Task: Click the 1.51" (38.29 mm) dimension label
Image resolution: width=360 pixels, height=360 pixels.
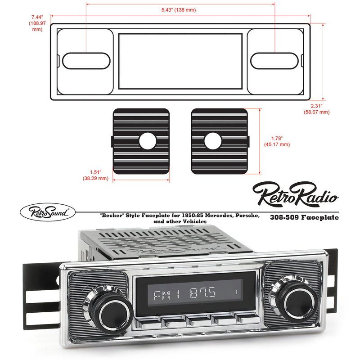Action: [x=95, y=175]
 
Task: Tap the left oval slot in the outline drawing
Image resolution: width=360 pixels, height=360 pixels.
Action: [x=85, y=61]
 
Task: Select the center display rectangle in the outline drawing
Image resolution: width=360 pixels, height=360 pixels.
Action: [x=180, y=60]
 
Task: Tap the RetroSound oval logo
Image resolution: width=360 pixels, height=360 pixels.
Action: [x=49, y=211]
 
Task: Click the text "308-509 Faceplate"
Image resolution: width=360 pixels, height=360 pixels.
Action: [x=304, y=218]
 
